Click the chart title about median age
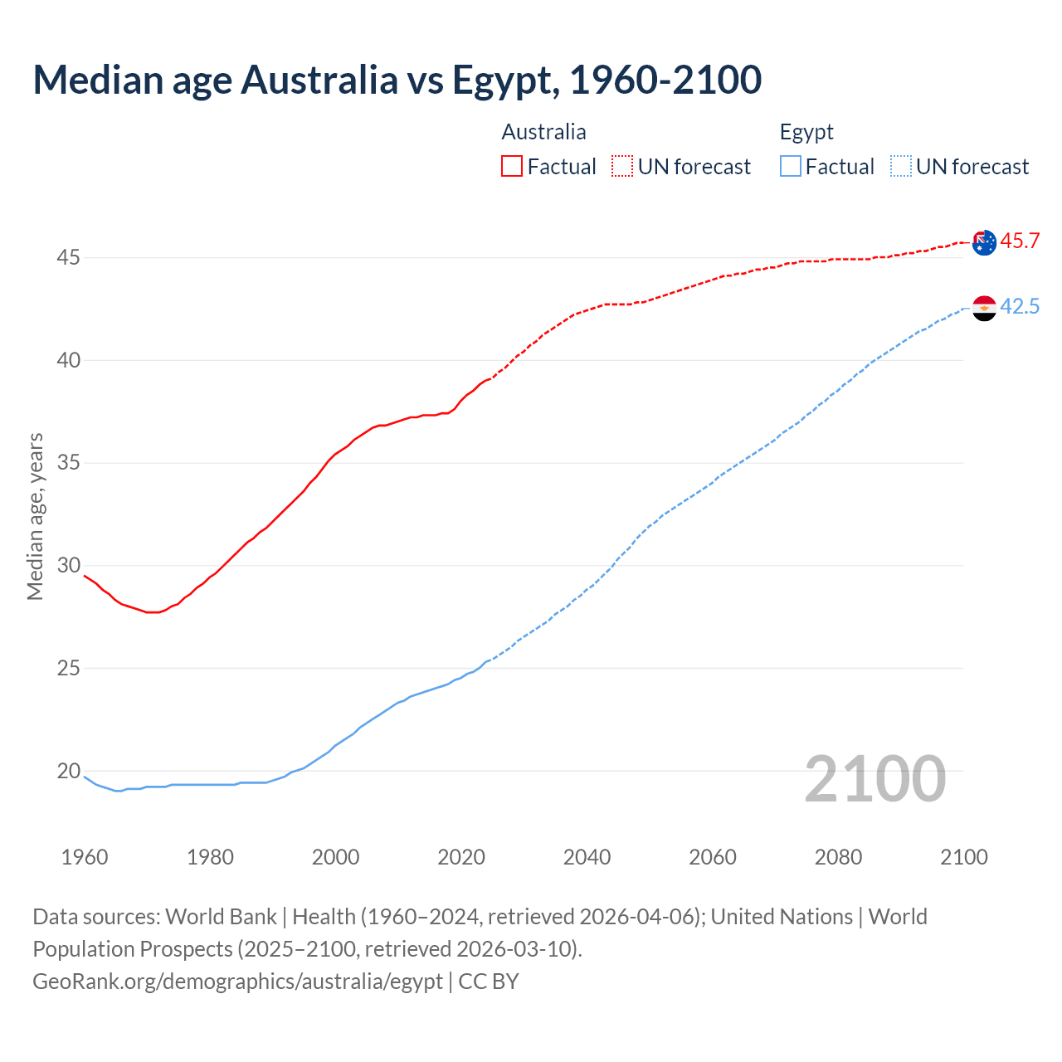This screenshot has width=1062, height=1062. pos(397,80)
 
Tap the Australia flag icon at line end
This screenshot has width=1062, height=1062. pos(984,242)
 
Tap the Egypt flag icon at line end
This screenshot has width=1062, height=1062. pos(984,308)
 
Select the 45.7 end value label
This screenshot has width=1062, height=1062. pos(1020,241)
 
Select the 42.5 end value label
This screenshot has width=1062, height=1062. pos(1020,307)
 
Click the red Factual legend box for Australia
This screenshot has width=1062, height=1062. pos(512,167)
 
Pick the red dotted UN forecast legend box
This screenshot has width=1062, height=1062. pos(622,167)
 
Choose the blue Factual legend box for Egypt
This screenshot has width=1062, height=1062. pos(791,167)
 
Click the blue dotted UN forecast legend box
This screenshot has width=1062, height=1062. pos(901,167)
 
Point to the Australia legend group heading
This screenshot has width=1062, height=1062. pos(543,132)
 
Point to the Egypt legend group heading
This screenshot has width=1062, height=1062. pos(806,132)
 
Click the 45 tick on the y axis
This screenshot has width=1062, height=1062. pos(68,258)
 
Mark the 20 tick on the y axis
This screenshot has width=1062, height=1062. pos(68,771)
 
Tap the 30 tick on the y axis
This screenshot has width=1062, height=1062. pos(68,566)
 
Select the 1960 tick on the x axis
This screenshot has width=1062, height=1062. pos(85,857)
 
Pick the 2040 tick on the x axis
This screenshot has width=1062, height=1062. pos(587,857)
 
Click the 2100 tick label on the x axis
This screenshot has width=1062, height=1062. pos(963,857)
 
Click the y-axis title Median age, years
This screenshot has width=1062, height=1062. pos(35,516)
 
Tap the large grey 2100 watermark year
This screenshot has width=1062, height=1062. pos(875,779)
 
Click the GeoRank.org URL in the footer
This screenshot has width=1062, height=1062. pos(237,982)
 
